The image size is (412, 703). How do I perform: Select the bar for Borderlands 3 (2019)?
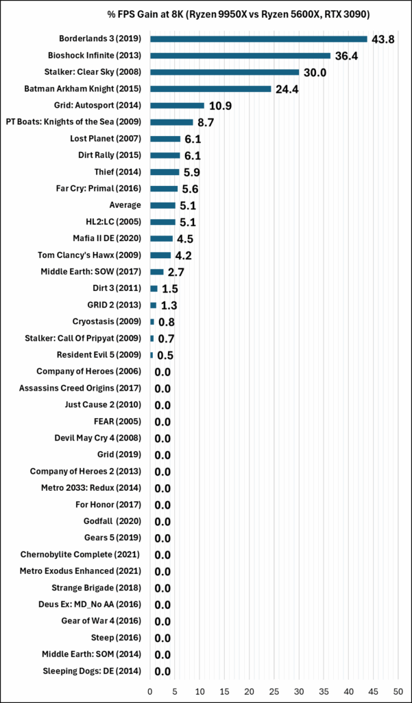tap(258, 39)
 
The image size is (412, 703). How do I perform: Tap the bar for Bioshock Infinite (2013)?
tap(240, 56)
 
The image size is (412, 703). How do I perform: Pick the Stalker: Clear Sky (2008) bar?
tap(224, 72)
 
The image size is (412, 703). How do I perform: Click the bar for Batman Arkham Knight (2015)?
tap(210, 89)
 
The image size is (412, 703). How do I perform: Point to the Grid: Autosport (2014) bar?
tap(177, 105)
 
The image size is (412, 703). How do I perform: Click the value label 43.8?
tap(383, 40)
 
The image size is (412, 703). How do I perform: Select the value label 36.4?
tap(347, 56)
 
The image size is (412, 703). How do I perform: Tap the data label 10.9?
tap(220, 106)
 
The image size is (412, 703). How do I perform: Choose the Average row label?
tap(125, 205)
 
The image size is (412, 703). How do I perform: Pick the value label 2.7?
tap(176, 272)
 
